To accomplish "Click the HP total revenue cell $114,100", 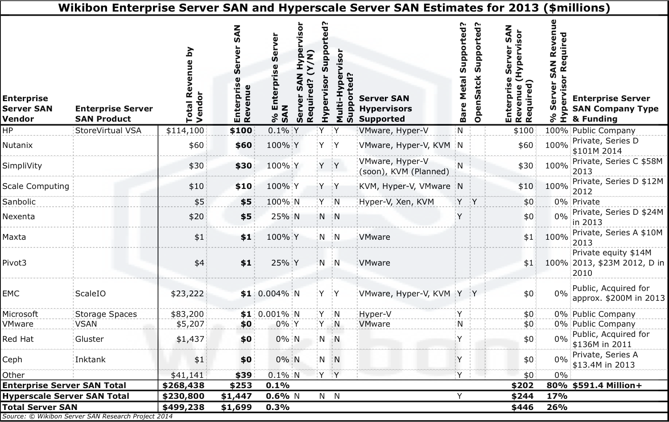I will pyautogui.click(x=185, y=131).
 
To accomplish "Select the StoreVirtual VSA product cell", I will pyautogui.click(x=108, y=131).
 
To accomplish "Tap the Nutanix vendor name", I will pyautogui.click(x=17, y=145).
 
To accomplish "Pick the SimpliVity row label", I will pyautogui.click(x=22, y=166).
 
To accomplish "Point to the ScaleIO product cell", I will pyautogui.click(x=91, y=294).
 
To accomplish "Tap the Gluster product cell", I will pyautogui.click(x=89, y=339).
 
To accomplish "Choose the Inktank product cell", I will pyautogui.click(x=90, y=360).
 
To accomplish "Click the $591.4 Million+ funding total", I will pyautogui.click(x=607, y=385).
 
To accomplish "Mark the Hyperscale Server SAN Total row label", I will pyautogui.click(x=66, y=396).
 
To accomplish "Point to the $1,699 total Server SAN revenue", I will pyautogui.click(x=236, y=407).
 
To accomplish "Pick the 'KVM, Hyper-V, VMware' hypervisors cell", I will pyautogui.click(x=405, y=186).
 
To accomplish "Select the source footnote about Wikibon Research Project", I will pyautogui.click(x=87, y=417).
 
